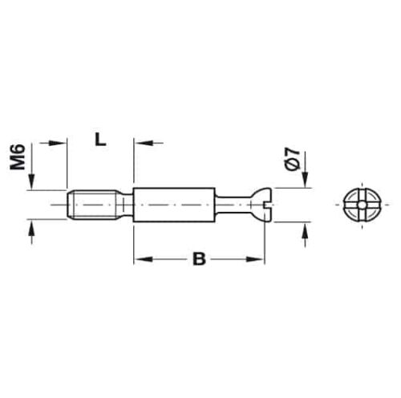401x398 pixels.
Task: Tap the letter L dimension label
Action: tap(98, 138)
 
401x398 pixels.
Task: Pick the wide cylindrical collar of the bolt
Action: tap(173, 205)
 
